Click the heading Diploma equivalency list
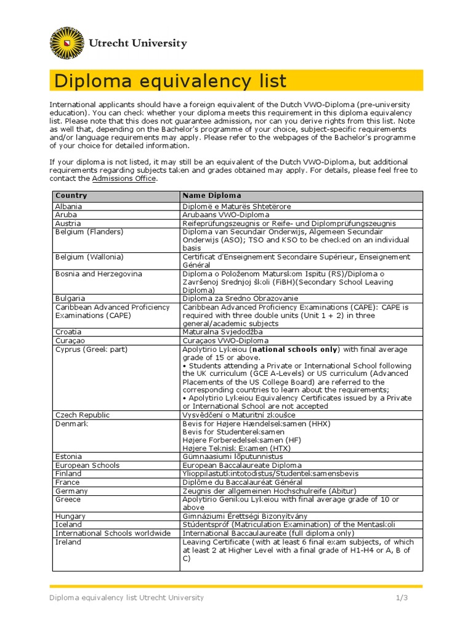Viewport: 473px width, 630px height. pos(171,81)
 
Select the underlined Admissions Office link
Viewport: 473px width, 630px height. pos(124,178)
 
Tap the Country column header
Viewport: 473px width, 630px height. pos(71,196)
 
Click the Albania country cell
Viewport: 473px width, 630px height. pos(68,206)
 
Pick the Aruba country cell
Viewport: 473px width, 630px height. pos(66,215)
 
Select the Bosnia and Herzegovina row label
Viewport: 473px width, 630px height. pos(99,273)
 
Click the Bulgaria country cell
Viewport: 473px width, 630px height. pos(70,298)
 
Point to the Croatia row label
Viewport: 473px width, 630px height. pos(68,332)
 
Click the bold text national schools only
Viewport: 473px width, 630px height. pos(295,349)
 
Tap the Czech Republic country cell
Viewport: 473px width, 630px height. pos(82,415)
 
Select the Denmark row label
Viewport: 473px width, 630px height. pos(71,424)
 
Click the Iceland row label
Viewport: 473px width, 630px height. pos(68,525)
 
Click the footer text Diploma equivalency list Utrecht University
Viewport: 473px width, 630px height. pos(127,597)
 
